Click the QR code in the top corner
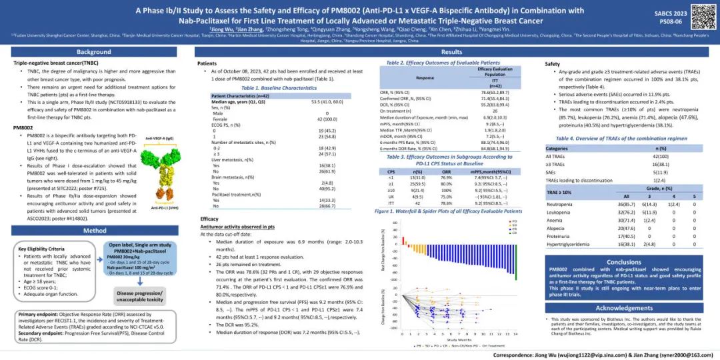[702, 17]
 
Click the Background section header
[94, 52]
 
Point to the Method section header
[94, 231]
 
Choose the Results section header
[451, 52]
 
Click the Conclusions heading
[624, 262]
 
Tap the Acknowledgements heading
[624, 308]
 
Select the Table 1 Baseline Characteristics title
[279, 88]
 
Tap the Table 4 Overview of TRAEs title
[621, 138]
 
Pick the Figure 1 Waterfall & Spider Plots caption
[448, 211]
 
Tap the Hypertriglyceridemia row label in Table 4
[568, 244]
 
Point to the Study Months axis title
[457, 339]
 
